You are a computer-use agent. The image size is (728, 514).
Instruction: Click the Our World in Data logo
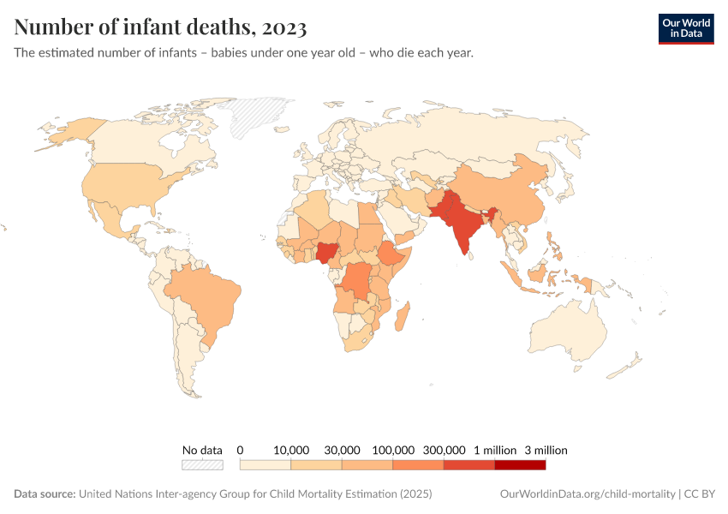(x=685, y=28)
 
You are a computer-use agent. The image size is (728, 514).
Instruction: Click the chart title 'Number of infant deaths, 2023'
(x=160, y=27)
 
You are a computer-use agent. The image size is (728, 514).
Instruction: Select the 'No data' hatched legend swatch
(x=202, y=465)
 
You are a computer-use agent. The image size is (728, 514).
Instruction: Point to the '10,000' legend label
(x=291, y=450)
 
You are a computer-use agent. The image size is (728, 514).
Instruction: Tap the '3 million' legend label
(x=546, y=450)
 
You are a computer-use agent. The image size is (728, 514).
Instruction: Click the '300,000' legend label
(x=444, y=450)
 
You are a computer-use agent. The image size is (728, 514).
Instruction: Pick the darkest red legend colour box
(x=520, y=465)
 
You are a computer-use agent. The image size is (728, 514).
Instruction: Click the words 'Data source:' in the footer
(x=45, y=494)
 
